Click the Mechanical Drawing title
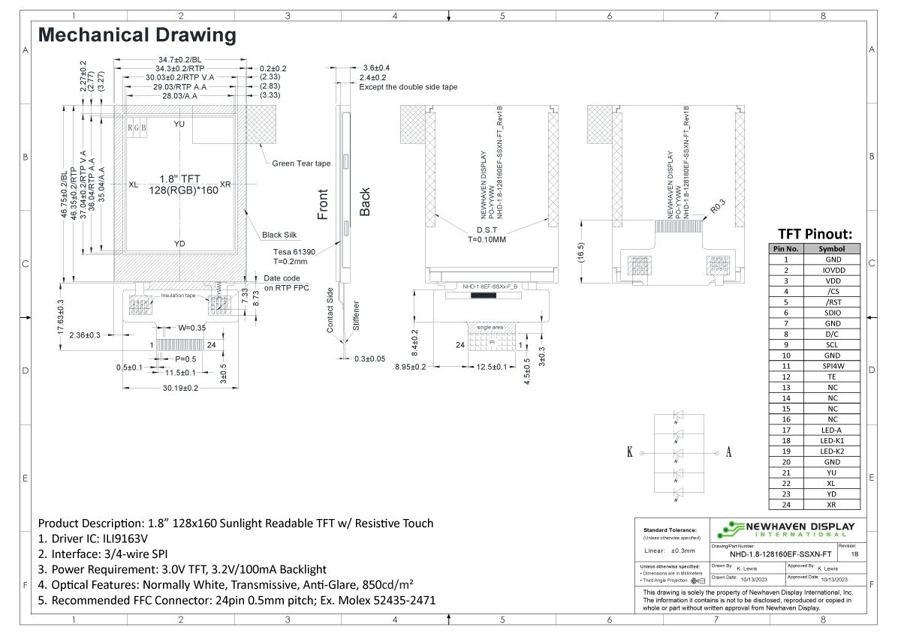coord(137,34)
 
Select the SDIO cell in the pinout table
coord(831,313)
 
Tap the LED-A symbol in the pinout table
coord(831,430)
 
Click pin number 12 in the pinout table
coord(786,376)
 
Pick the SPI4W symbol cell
coord(831,366)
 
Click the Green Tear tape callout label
coord(300,163)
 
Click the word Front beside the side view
coord(324,204)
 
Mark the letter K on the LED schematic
coord(629,452)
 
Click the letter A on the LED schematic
coord(728,452)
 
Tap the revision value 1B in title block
coord(855,554)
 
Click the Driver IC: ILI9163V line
coord(93,538)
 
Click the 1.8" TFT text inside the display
coord(179,178)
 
